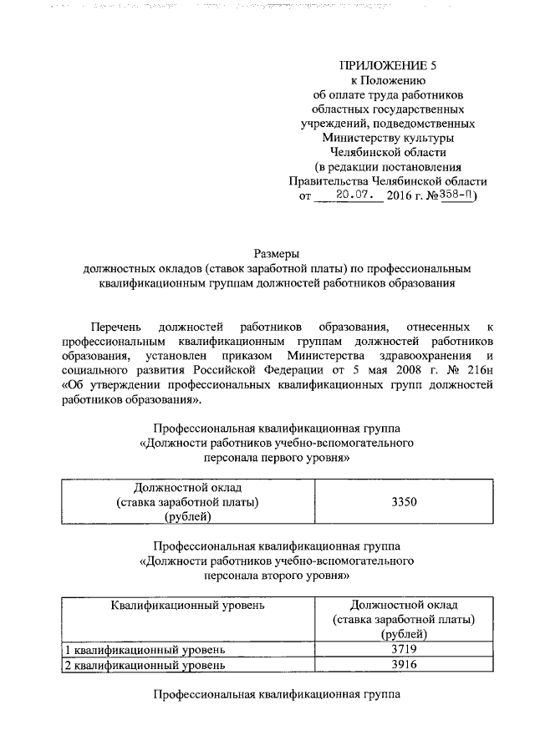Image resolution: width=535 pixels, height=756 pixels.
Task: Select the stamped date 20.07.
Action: click(x=347, y=195)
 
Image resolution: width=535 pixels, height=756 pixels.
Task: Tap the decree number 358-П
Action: click(x=456, y=195)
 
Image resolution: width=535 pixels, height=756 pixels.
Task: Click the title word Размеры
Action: click(x=276, y=253)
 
